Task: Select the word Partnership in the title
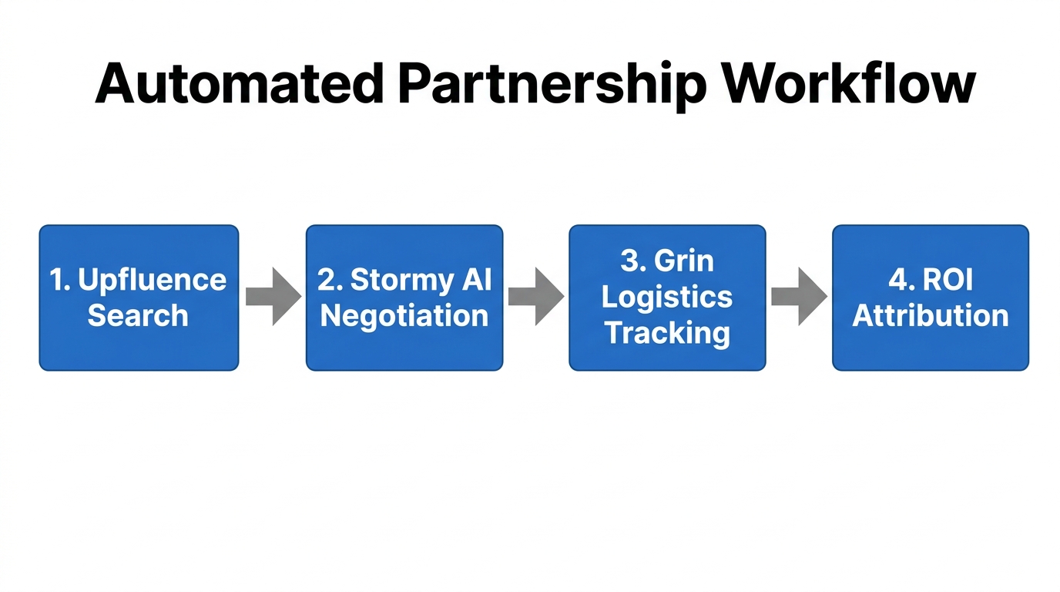tap(551, 85)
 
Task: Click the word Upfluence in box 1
tap(153, 281)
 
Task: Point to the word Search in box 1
tap(138, 316)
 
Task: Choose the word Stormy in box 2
tap(397, 281)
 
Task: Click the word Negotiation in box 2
tap(404, 316)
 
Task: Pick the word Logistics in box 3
tap(667, 298)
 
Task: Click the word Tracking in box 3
tap(667, 333)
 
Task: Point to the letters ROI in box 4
tap(947, 280)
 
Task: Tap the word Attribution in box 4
tap(931, 316)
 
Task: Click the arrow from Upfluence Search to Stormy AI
tap(273, 297)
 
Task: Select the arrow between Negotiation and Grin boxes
tap(535, 297)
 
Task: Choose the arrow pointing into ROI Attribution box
tap(799, 297)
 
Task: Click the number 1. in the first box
tap(60, 280)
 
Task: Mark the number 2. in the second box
tap(330, 280)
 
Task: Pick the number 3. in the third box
tap(632, 261)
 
